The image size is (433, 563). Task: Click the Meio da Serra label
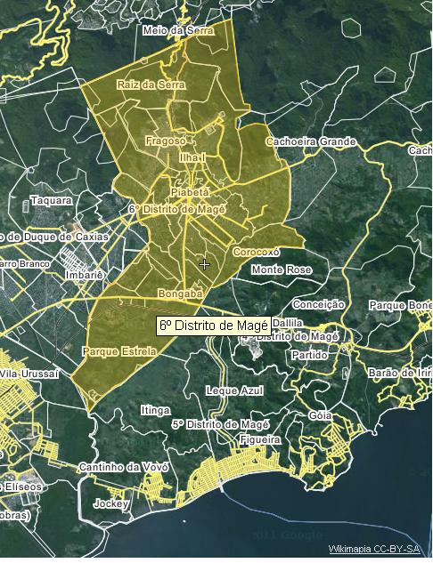(x=179, y=30)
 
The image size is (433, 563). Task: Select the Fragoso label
(x=166, y=141)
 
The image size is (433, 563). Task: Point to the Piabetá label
(x=190, y=191)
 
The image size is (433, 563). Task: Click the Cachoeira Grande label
(x=311, y=141)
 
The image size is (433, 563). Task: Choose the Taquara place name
(x=51, y=200)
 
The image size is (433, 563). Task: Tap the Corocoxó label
(x=256, y=252)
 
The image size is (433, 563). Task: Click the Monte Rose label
(x=282, y=269)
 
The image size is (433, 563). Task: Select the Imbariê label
(x=86, y=275)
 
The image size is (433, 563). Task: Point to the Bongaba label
(x=180, y=293)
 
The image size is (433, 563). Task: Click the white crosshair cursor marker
(x=205, y=264)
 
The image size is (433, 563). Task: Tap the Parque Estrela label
(x=118, y=351)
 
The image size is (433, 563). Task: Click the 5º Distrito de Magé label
(x=214, y=423)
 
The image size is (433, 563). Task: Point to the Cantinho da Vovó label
(x=118, y=467)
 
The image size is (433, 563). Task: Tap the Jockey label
(x=111, y=503)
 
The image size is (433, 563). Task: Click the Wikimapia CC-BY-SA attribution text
(x=373, y=550)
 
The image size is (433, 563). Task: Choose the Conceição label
(x=318, y=304)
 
